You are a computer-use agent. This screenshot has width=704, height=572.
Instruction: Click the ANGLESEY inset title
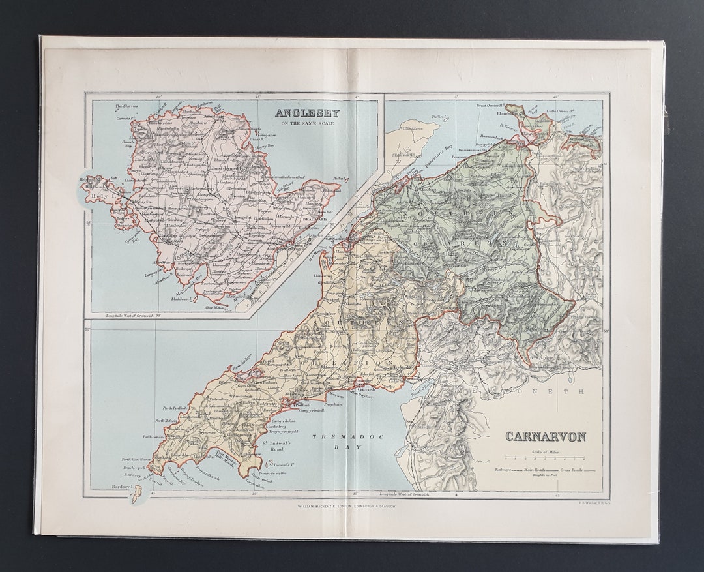coord(307,112)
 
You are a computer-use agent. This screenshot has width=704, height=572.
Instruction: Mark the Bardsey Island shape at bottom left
coord(137,496)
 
